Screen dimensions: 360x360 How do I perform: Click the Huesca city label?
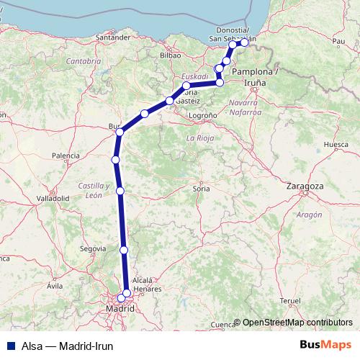coord(336,145)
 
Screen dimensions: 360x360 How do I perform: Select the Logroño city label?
coord(202,115)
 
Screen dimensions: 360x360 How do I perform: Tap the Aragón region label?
coord(309,215)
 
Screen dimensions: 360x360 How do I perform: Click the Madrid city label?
coord(120,309)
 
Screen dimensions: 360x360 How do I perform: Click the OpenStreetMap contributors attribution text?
coord(297,323)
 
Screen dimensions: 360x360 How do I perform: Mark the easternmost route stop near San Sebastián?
coord(244,42)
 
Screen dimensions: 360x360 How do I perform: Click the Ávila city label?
coord(55,286)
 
